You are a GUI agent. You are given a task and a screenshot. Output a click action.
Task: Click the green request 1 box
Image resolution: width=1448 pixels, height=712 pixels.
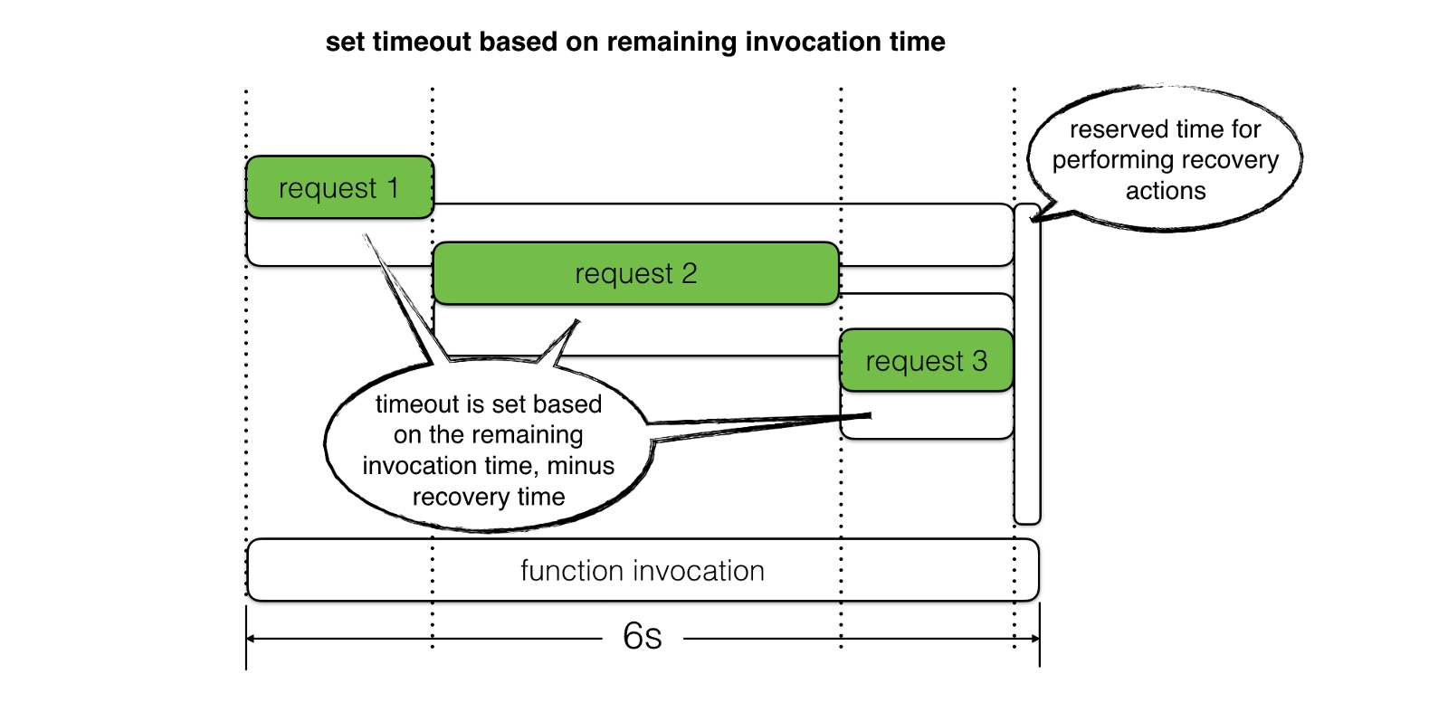pos(339,187)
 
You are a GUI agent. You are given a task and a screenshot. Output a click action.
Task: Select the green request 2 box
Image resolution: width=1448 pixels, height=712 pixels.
pos(636,273)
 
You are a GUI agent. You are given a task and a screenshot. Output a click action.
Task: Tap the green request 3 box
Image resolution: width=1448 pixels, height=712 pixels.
pos(927,360)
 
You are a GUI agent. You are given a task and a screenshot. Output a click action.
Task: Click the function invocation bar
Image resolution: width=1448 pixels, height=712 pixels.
pos(643,570)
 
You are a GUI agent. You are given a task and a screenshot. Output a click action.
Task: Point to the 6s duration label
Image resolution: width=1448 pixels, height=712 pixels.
pos(642,636)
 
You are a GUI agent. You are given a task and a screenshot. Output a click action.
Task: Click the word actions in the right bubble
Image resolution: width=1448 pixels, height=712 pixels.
pos(1166,191)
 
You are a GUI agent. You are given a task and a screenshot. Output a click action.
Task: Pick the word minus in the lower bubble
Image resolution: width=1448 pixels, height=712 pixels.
pos(580,466)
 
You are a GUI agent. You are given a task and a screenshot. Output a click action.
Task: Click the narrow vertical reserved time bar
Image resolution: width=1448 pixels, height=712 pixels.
pos(1027,363)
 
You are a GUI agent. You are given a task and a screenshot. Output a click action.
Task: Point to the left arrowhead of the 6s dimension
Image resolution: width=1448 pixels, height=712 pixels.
pos(251,639)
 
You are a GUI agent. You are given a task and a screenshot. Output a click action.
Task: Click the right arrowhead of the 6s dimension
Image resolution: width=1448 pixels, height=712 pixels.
pos(1035,639)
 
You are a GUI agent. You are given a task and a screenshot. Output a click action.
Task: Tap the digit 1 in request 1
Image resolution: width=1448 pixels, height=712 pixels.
pos(393,188)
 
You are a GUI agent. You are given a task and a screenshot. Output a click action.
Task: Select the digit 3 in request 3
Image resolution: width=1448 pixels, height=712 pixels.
pos(980,360)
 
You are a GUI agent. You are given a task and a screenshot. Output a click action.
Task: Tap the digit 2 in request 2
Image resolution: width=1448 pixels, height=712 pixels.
pos(689,273)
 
